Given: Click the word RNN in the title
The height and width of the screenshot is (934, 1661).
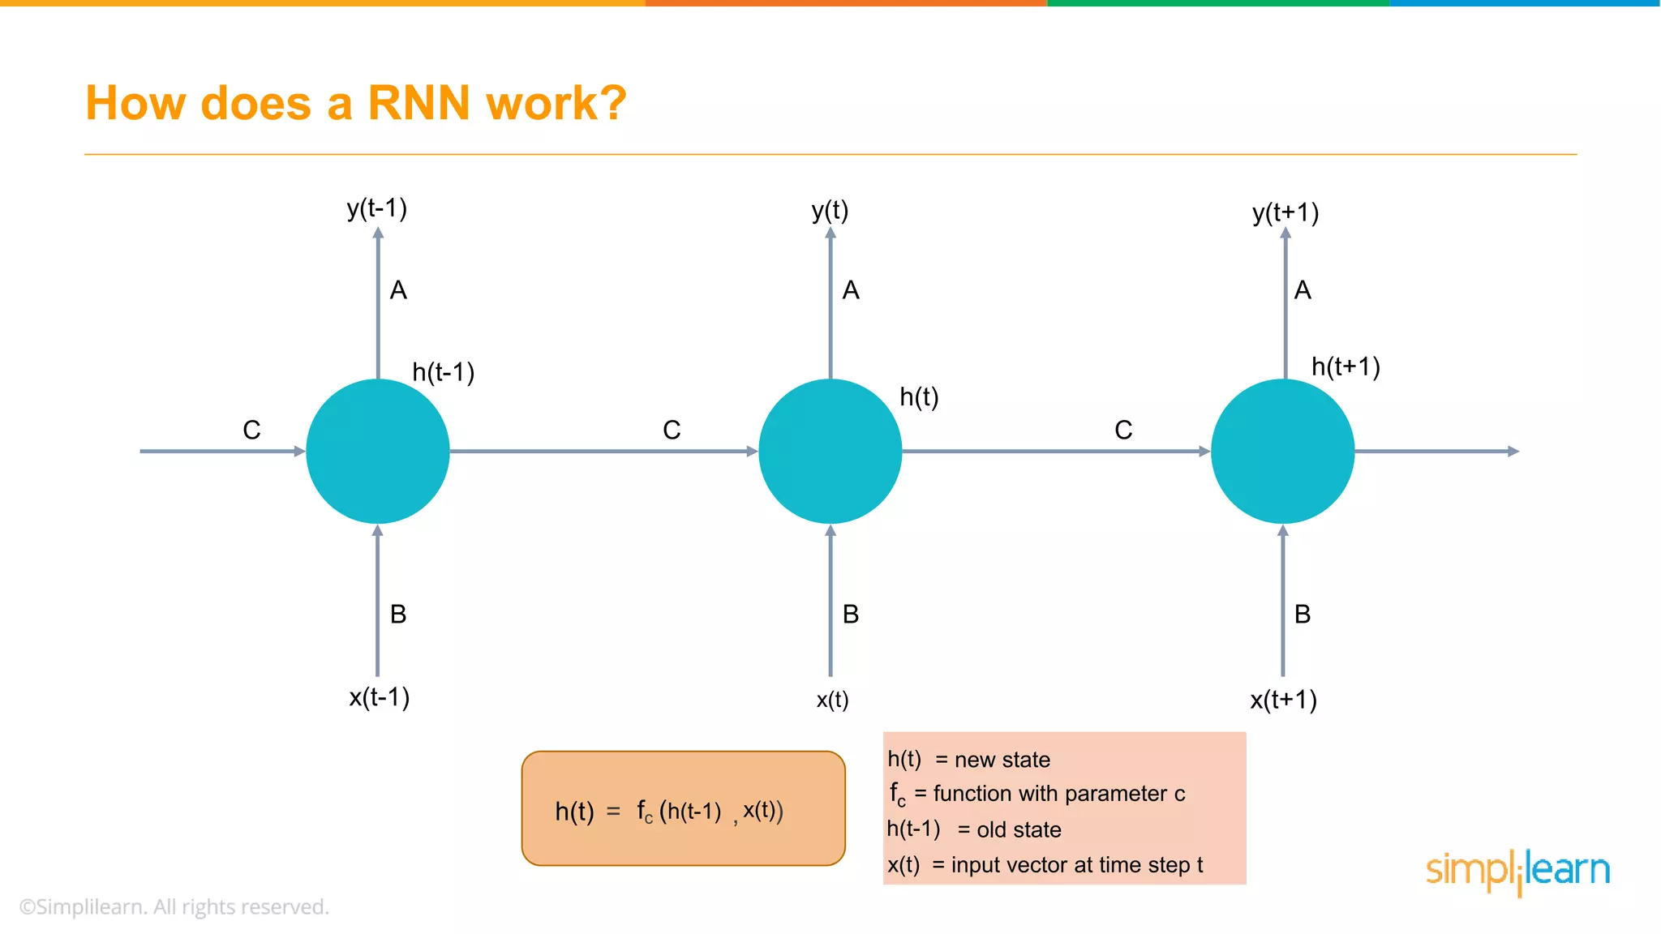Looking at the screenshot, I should tap(418, 104).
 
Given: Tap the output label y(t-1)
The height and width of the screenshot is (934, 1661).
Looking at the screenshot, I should tap(377, 208).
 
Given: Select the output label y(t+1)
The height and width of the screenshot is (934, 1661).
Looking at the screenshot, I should tap(1285, 212).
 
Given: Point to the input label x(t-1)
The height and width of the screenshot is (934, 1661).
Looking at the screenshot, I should tap(379, 697).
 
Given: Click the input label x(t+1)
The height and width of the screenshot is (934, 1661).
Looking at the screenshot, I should tap(1283, 700).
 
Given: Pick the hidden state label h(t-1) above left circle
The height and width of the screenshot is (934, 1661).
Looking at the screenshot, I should tap(443, 372).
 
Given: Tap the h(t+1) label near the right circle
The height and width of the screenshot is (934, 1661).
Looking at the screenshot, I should tap(1346, 366).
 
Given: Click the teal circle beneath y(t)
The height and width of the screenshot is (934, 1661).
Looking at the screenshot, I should tap(830, 451).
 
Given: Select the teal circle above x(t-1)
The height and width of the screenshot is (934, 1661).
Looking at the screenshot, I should tap(378, 451).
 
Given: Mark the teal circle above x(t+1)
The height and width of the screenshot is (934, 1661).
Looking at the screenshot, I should tap(1282, 451).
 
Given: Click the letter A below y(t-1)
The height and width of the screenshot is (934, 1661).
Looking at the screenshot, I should tap(398, 290).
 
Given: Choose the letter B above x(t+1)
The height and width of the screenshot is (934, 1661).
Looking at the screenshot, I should tap(1303, 615).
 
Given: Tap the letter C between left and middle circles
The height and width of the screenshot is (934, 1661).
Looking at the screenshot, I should tap(672, 430).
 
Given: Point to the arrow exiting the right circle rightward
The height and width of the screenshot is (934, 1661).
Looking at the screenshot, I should tap(1436, 451).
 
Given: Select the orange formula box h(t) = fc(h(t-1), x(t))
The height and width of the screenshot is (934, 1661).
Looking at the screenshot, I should tap(683, 808).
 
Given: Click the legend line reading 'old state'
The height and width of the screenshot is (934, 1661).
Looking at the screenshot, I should tap(974, 829).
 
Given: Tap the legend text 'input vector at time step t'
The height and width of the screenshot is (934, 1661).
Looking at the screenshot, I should tap(1076, 865).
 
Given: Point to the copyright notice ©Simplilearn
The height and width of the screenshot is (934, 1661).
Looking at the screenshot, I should tap(174, 906).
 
